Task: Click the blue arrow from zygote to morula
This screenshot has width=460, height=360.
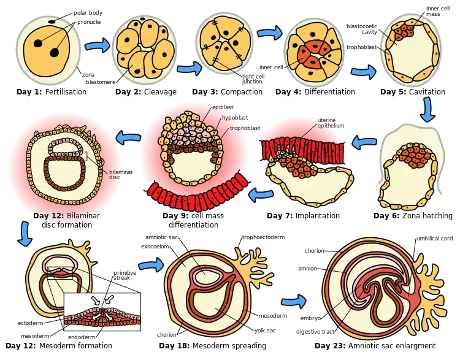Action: coord(97,45)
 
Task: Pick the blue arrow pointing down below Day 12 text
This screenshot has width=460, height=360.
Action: coord(23,233)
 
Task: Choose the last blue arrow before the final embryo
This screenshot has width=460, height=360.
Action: coord(294,301)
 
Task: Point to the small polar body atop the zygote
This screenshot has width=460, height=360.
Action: coord(54,24)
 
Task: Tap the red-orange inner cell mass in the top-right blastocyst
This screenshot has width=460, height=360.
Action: coord(403,31)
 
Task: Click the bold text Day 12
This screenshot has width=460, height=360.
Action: coord(47,216)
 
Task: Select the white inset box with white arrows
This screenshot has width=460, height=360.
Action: coord(102,312)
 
